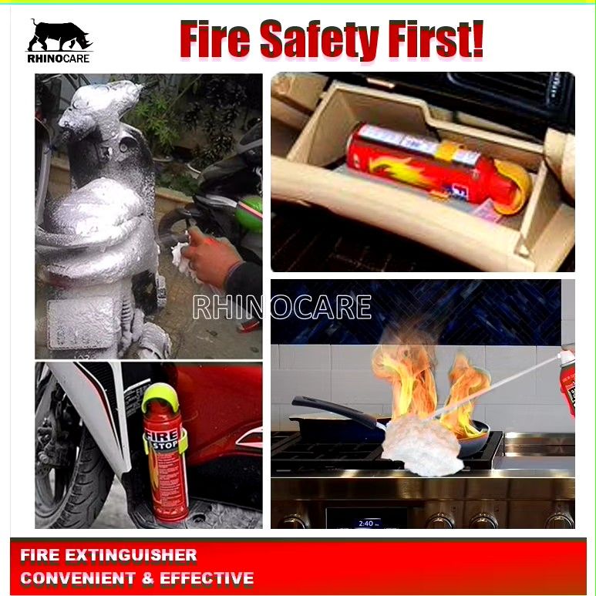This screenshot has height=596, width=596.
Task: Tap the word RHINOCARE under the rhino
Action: pyautogui.click(x=59, y=58)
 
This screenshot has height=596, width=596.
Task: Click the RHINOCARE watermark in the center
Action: pyautogui.click(x=281, y=307)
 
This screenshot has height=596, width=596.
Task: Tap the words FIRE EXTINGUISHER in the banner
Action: pyautogui.click(x=109, y=555)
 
